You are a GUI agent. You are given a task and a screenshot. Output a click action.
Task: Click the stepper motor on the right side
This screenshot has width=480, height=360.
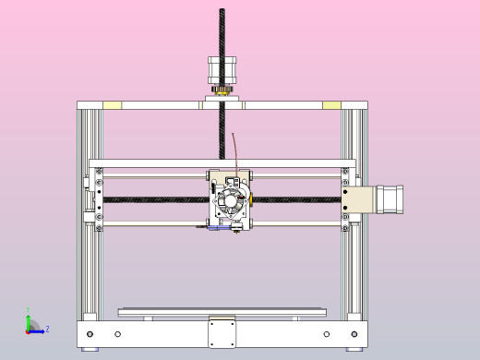(x=388, y=200)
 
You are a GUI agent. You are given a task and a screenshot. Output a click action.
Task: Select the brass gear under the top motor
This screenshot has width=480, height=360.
(x=222, y=90)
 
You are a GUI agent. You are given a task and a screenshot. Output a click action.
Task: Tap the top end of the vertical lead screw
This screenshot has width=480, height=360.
(x=222, y=12)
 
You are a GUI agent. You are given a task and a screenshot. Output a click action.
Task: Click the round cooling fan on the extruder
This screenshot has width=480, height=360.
(x=228, y=200)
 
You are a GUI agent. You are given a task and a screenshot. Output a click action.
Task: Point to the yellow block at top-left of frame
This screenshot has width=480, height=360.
(x=111, y=105)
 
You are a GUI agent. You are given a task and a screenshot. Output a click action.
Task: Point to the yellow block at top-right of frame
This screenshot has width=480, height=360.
(x=331, y=105)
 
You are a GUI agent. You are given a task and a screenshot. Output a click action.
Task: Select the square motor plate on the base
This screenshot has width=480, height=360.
(x=222, y=332)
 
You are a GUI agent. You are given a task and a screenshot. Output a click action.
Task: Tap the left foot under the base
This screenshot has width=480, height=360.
(x=89, y=349)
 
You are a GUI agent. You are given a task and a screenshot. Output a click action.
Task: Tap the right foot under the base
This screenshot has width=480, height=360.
(x=354, y=349)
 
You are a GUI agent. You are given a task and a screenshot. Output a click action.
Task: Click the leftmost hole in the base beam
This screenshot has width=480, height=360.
(x=90, y=333)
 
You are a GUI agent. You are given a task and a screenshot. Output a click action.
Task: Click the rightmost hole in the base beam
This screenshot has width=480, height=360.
(x=354, y=333)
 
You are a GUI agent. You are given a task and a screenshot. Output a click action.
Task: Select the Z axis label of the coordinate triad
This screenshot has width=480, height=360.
(x=47, y=329)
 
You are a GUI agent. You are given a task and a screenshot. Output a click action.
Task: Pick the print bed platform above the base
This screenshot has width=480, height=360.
(x=222, y=312)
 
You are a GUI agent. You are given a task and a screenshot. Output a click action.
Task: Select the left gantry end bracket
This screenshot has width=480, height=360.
(x=95, y=198)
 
